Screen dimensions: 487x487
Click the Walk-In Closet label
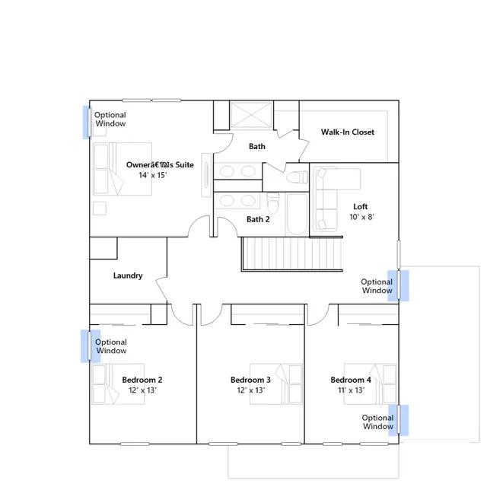[348, 132]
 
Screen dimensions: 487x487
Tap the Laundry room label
[128, 275]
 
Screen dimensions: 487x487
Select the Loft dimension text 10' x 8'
[362, 217]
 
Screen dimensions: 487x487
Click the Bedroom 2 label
[142, 380]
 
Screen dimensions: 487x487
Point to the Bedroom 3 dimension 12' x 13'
[250, 390]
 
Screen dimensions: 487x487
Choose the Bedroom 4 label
[351, 380]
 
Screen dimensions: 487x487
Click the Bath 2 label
[258, 219]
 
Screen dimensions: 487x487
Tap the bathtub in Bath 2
[297, 215]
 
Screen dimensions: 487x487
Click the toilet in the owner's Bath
[297, 177]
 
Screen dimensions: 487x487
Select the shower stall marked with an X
[251, 115]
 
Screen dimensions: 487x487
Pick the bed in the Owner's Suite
[123, 169]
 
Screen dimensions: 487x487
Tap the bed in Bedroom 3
[276, 384]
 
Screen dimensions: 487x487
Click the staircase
[292, 253]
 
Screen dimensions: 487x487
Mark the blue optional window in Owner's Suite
[88, 122]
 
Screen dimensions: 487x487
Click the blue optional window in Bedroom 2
[91, 346]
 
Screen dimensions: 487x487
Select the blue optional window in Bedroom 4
[399, 420]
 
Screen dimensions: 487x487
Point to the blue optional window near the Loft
[398, 285]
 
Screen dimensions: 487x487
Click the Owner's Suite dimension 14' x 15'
[152, 175]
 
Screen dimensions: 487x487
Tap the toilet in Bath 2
[273, 202]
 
